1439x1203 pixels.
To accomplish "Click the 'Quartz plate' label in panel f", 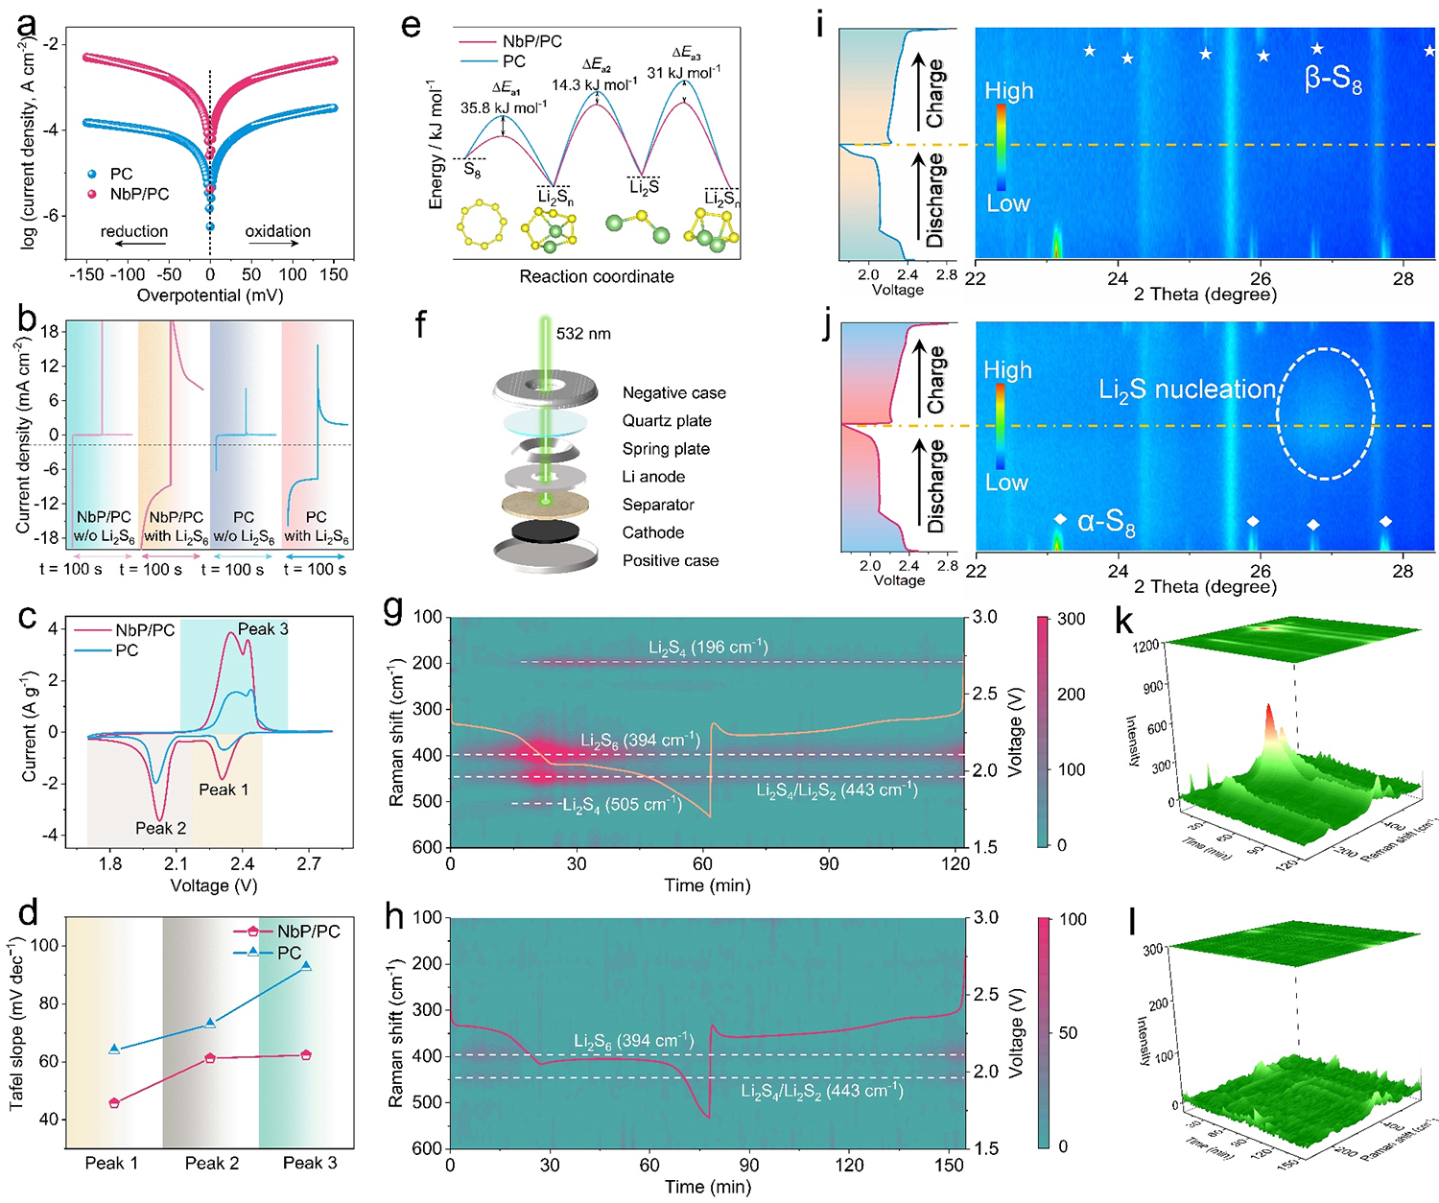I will point(667,421).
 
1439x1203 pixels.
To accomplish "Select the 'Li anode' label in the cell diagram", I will point(653,477).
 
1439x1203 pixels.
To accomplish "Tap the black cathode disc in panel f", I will point(545,531).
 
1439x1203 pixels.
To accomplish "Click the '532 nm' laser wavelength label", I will point(583,334).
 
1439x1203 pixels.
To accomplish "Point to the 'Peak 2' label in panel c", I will point(160,828).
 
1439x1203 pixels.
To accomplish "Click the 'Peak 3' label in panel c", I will point(263,629).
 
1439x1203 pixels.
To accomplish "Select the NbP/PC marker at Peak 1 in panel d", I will point(114,1103).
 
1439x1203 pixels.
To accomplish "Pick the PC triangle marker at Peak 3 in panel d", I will point(306,965).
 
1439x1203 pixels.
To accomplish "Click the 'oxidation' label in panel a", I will point(277,231).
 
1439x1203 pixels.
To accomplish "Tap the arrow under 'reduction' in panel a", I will point(133,245).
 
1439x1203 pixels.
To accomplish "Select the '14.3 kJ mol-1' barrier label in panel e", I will point(594,84).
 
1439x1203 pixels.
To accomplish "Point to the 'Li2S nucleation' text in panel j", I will point(1188,389).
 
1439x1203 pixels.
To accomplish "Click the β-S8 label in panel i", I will point(1333,79).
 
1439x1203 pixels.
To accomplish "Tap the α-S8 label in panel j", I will point(1106,522).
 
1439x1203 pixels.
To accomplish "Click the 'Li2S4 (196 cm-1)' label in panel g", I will point(708,648).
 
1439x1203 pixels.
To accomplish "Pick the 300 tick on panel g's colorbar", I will point(1071,619).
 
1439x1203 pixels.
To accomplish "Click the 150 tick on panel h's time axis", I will point(949,1165).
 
